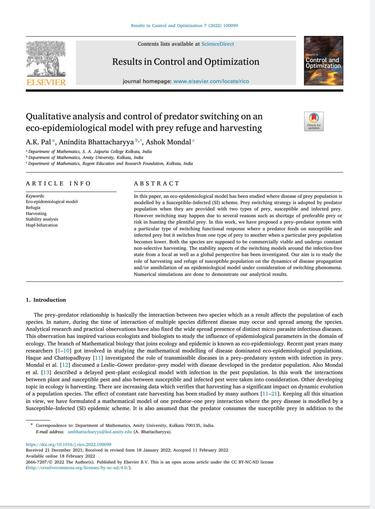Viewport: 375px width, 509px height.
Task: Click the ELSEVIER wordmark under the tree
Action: point(46,82)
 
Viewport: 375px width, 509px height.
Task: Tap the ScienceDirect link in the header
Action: point(218,44)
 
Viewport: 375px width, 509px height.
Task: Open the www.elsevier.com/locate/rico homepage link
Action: point(211,81)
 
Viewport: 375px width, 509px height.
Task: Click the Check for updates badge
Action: point(314,121)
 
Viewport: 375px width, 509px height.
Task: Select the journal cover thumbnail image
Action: point(323,61)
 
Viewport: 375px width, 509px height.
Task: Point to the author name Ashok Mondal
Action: point(168,142)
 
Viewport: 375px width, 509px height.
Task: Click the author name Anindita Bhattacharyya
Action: point(96,142)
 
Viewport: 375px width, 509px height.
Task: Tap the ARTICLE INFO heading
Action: point(58,183)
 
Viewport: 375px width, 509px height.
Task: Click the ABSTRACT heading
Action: point(156,183)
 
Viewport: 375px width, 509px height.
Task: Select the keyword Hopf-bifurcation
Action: point(42,225)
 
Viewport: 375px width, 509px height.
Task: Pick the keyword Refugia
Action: point(33,207)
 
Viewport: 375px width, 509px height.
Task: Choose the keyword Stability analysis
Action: point(42,219)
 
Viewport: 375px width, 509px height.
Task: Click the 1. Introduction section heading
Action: point(46,300)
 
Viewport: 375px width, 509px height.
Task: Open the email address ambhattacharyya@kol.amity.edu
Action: point(100,432)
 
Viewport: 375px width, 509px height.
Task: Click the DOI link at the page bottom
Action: point(68,444)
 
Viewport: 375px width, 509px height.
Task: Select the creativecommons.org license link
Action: point(78,468)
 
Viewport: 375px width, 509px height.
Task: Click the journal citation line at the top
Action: point(184,25)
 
